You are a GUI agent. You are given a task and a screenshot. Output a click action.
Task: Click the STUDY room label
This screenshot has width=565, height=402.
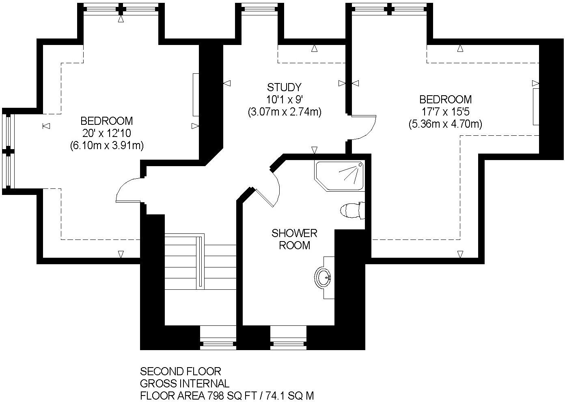284,87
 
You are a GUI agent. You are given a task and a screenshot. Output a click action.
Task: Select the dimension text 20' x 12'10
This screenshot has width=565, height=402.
107,133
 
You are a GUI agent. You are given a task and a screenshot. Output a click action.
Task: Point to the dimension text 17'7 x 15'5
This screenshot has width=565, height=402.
445,111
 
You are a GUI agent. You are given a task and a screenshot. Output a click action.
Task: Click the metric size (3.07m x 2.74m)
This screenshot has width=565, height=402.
284,112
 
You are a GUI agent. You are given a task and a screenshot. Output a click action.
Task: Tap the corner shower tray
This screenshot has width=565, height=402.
339,175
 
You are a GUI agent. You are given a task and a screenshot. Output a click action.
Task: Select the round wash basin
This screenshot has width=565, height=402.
323,278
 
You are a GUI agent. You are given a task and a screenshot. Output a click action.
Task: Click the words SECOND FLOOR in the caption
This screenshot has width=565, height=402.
180,371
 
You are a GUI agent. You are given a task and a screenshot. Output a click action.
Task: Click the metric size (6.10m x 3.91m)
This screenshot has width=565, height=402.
107,145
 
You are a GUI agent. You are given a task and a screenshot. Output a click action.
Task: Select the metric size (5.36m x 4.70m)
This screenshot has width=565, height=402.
445,124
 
